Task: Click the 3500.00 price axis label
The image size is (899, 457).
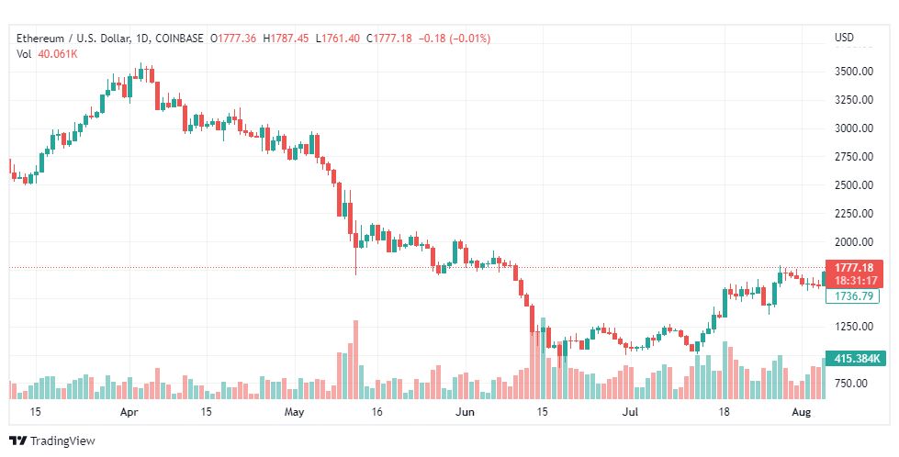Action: click(852, 71)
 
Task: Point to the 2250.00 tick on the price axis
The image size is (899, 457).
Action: click(852, 213)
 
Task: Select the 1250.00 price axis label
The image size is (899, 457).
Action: click(852, 326)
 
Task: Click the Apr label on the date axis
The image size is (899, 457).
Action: click(129, 412)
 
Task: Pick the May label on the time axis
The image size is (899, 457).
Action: click(294, 412)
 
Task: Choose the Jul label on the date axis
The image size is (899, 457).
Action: click(631, 412)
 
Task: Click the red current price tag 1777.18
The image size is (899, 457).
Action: click(854, 267)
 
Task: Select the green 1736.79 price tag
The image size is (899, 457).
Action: click(854, 296)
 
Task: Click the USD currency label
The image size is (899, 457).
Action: click(844, 38)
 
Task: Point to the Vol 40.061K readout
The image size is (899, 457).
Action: click(47, 53)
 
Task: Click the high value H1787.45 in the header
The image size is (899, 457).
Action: click(287, 39)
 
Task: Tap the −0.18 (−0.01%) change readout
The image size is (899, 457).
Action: click(455, 39)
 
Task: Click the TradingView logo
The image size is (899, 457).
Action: click(52, 440)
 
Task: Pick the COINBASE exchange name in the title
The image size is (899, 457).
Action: click(178, 39)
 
